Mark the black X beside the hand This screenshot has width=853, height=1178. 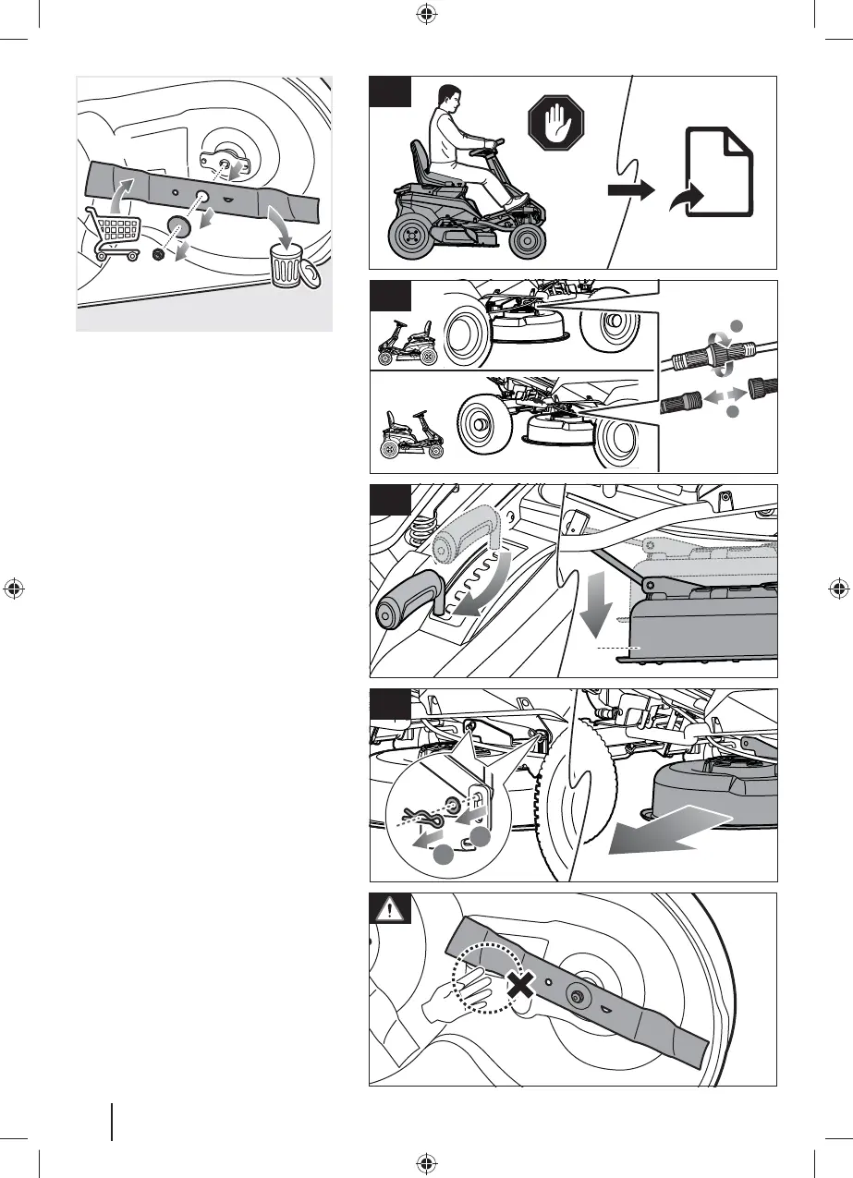521,987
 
